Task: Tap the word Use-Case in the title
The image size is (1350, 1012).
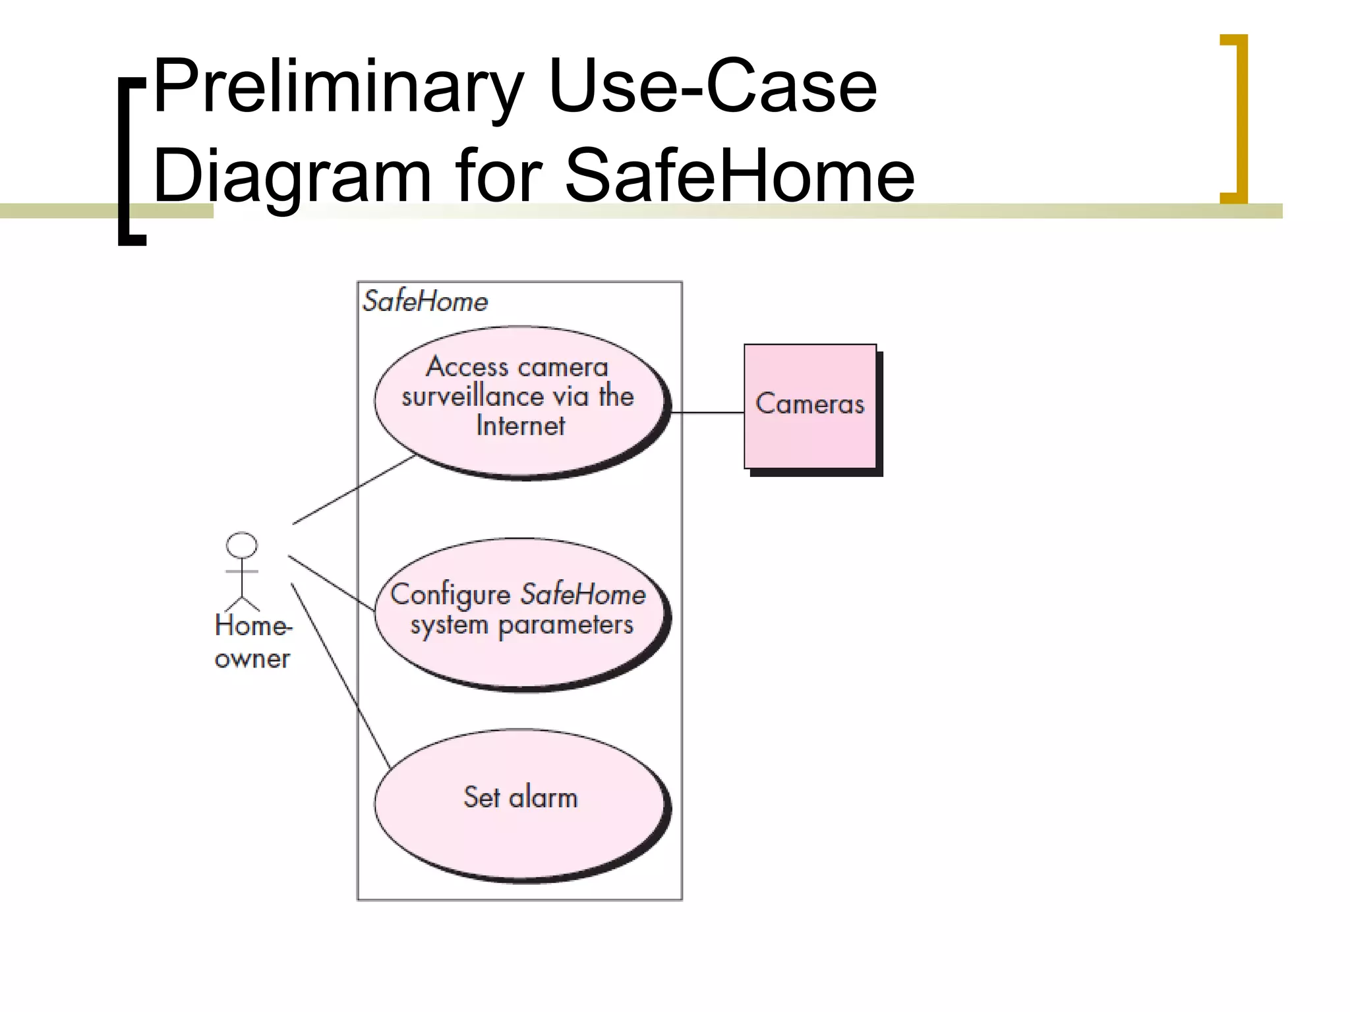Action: tap(712, 88)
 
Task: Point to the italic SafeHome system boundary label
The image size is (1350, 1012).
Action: tap(425, 302)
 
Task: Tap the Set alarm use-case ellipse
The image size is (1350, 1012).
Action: tap(521, 837)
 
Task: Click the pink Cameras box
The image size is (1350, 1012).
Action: tap(809, 435)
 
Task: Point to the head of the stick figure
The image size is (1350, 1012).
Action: tap(242, 546)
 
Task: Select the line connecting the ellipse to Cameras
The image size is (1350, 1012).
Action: tap(707, 412)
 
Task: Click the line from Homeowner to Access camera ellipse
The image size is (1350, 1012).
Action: tap(354, 490)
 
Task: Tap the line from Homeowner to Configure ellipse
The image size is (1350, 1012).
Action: tap(331, 582)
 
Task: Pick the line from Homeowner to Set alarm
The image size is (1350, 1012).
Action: tap(340, 675)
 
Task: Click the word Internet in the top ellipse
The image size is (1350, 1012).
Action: tap(521, 426)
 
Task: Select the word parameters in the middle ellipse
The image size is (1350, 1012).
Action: tap(566, 625)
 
